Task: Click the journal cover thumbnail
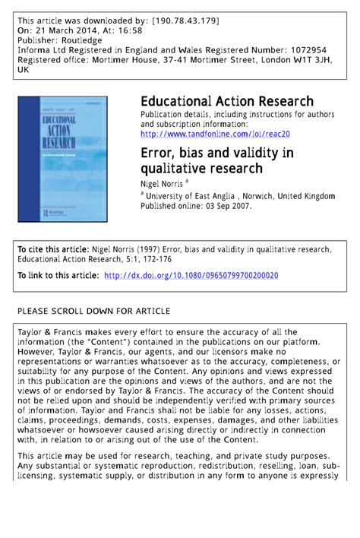click(x=63, y=158)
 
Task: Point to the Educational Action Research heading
click(x=226, y=102)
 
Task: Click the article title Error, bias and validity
click(x=216, y=161)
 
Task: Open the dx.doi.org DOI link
click(x=191, y=275)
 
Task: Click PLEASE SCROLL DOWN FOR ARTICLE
click(x=93, y=312)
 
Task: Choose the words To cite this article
click(x=52, y=249)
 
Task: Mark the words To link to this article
click(x=58, y=275)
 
